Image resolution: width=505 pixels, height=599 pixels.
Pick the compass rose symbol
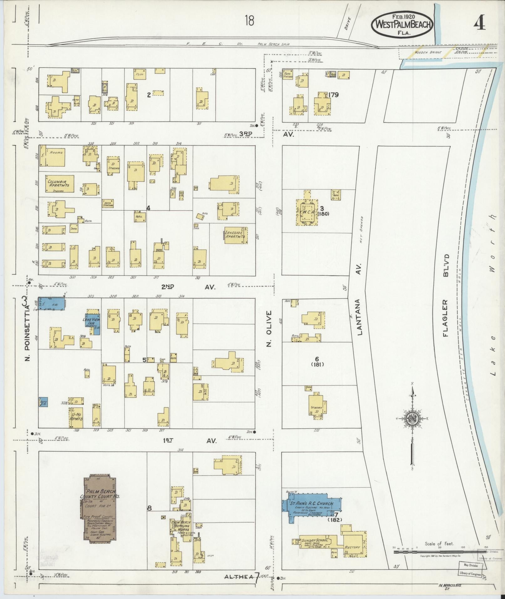click(413, 419)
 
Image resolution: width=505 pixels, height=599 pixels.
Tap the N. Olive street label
click(269, 329)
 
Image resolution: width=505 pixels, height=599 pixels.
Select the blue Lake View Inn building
click(93, 324)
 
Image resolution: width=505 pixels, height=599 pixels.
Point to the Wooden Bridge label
click(428, 52)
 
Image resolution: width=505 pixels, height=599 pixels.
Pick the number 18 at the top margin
click(250, 21)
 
